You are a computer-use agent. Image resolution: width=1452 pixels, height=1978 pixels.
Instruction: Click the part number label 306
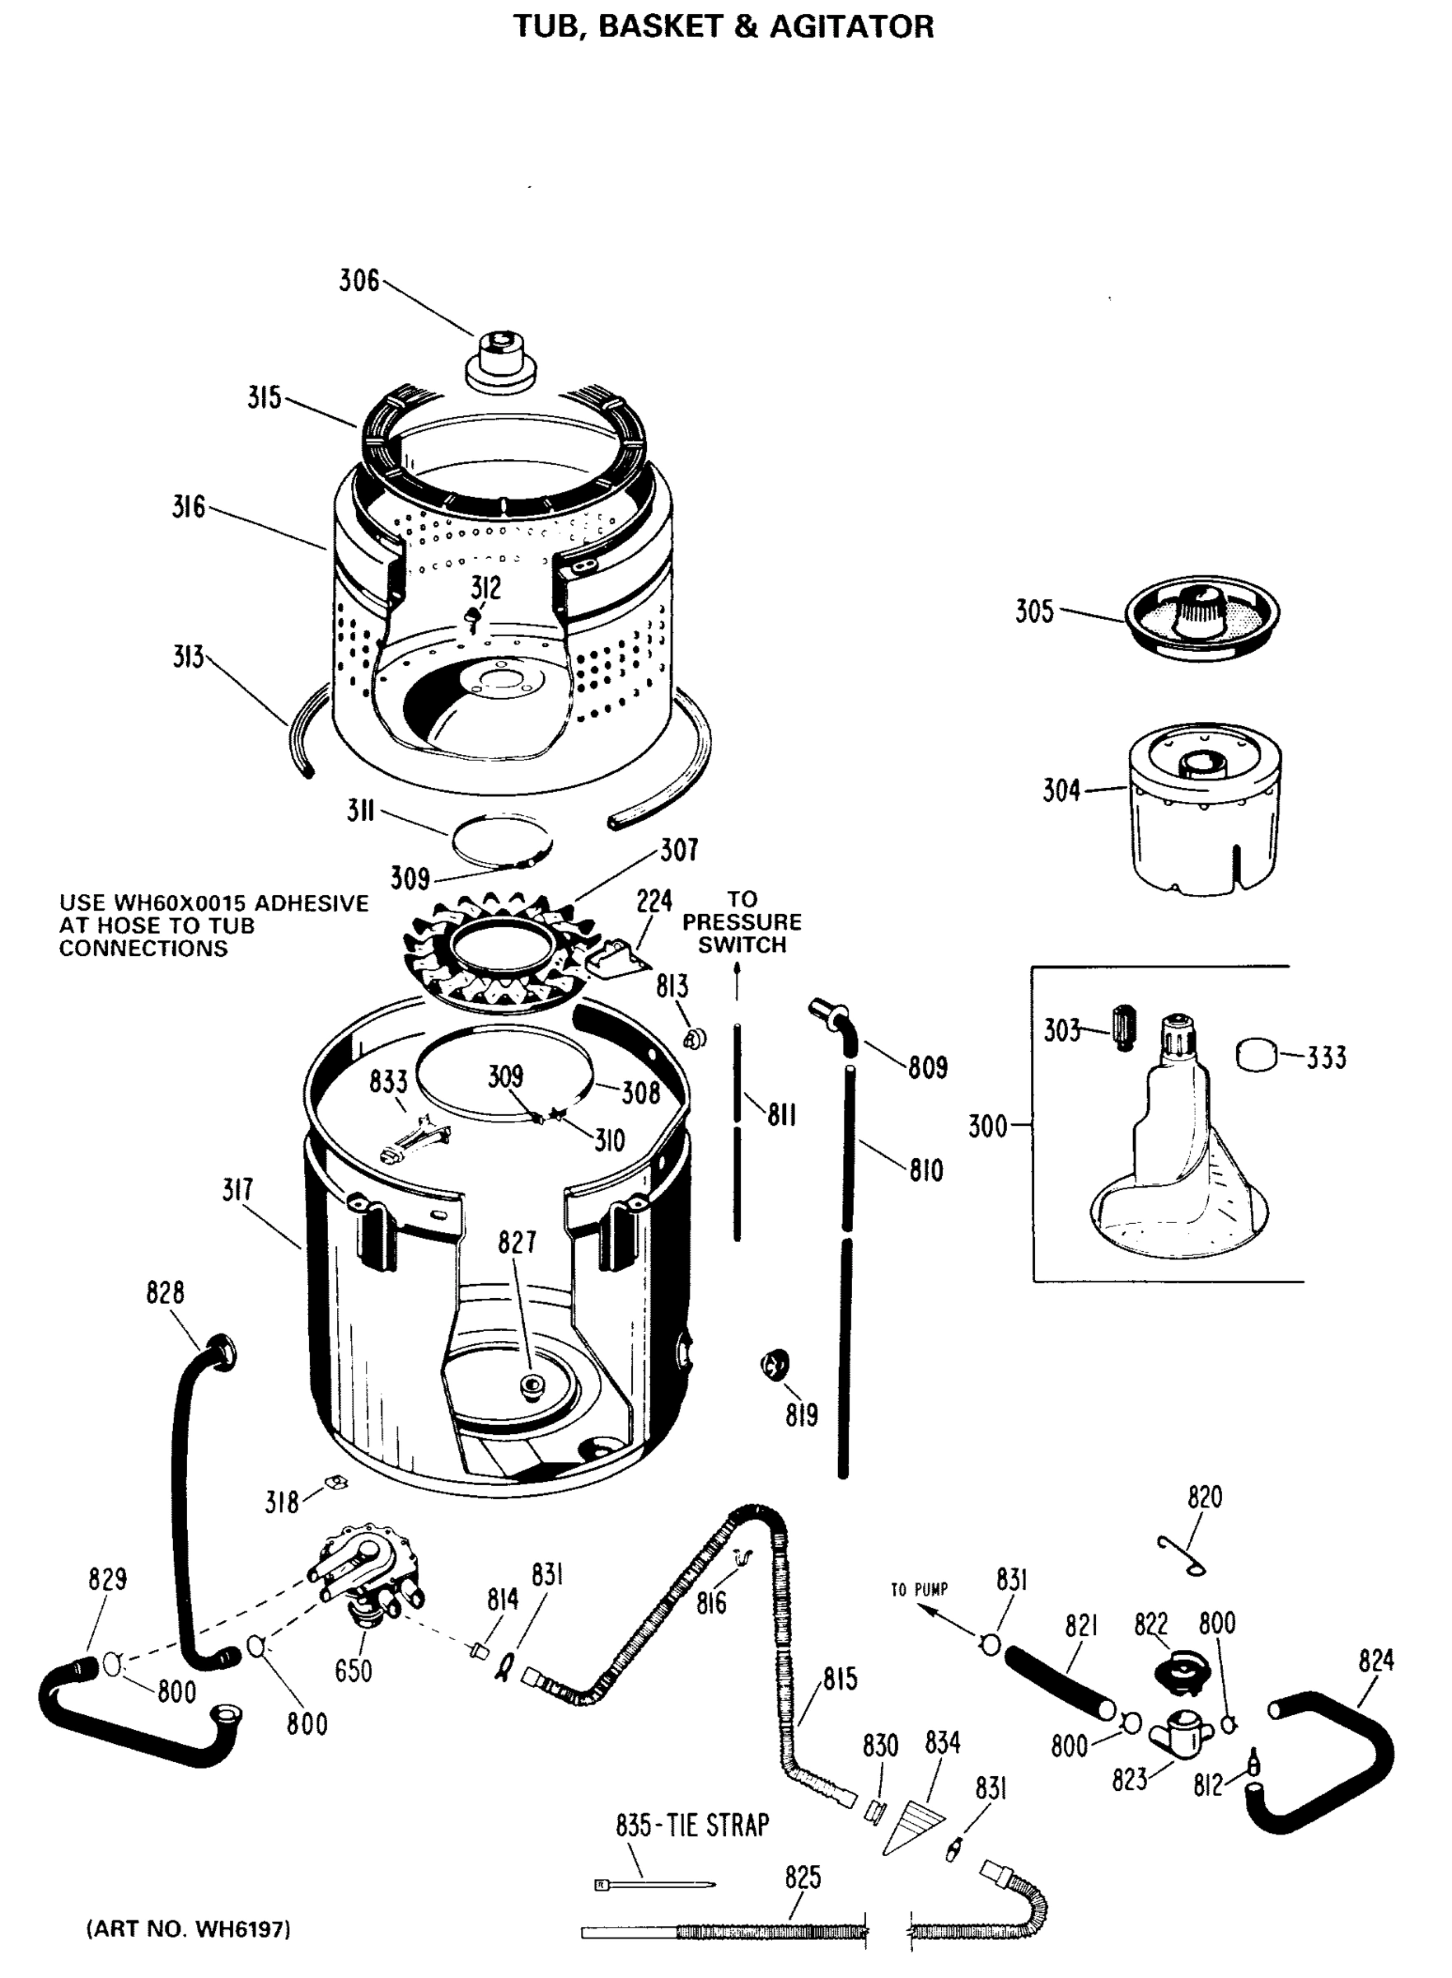tap(358, 281)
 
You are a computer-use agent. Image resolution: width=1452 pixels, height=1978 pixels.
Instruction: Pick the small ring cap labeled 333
tap(1258, 1054)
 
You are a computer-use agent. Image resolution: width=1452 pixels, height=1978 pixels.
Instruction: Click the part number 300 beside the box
tap(987, 1126)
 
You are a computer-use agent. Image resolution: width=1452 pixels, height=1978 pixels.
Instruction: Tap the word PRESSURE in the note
tap(742, 922)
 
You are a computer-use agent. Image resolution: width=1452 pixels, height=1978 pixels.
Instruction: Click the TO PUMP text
tap(919, 1590)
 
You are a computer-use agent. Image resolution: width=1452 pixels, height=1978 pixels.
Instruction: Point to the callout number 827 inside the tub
tap(517, 1241)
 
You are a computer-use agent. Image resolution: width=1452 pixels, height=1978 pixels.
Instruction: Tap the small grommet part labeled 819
tap(775, 1366)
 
